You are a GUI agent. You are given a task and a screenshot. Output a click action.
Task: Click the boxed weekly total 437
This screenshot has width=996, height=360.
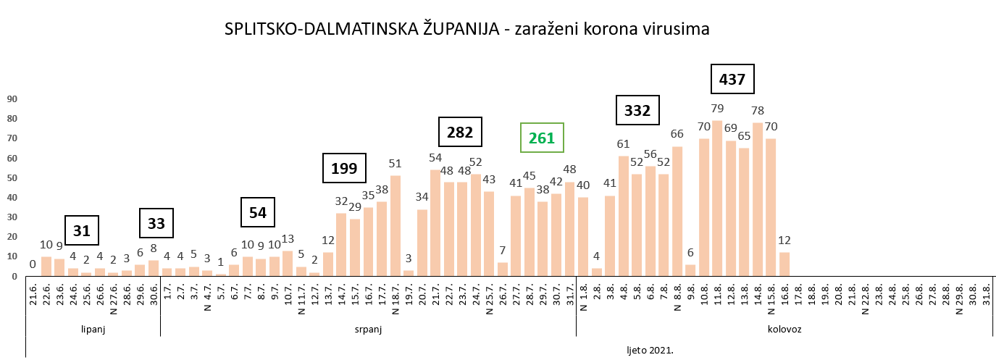pos(732,79)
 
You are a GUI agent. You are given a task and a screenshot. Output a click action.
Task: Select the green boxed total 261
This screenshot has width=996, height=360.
pos(542,138)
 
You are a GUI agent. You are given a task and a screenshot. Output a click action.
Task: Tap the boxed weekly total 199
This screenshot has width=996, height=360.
pos(344,169)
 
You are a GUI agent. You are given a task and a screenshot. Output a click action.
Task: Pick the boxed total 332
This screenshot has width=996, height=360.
pos(637,111)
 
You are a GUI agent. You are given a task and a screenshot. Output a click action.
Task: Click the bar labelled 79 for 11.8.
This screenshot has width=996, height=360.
pos(717,198)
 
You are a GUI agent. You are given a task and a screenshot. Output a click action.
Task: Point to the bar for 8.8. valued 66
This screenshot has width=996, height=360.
pos(677,212)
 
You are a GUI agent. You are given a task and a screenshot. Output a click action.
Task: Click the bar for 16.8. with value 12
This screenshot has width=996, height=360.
pos(784,264)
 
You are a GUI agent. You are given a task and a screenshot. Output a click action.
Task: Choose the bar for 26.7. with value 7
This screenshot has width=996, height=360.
pos(503,269)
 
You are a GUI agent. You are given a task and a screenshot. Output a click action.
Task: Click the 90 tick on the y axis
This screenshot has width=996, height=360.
pos(12,99)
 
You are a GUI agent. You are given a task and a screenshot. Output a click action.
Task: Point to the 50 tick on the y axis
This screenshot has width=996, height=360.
pos(12,178)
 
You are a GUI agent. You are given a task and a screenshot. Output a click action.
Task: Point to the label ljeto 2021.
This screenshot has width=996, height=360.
pos(650,350)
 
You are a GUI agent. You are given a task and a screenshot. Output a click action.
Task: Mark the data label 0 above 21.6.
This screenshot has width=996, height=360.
pos(33,264)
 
